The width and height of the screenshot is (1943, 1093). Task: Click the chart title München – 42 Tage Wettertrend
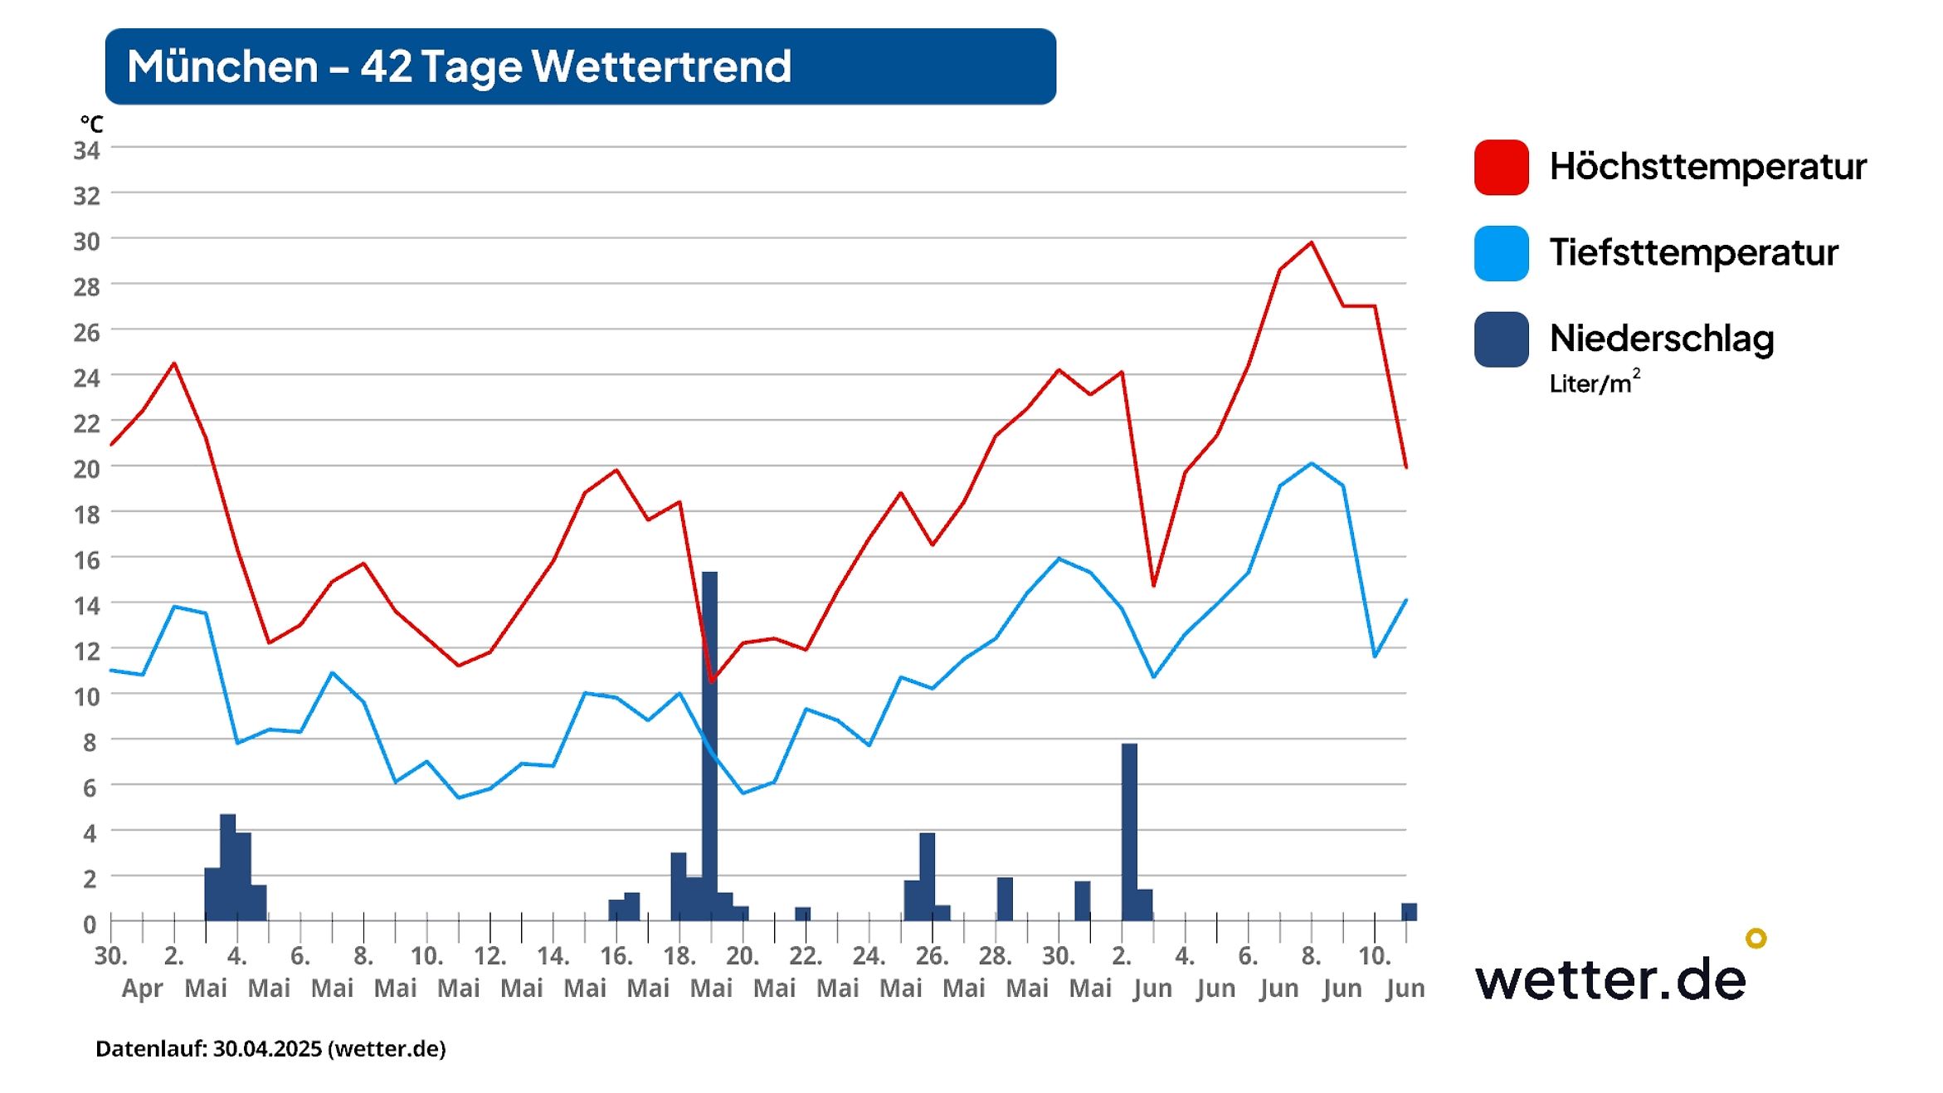[459, 66]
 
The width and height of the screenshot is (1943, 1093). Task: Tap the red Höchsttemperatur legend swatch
[1501, 167]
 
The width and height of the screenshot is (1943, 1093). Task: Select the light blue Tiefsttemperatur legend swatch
[1501, 253]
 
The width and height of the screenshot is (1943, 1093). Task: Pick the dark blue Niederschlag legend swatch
[1501, 339]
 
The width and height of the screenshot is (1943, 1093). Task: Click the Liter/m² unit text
[1593, 383]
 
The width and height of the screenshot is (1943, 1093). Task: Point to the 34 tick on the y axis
[87, 151]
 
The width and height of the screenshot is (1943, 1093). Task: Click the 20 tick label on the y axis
[87, 470]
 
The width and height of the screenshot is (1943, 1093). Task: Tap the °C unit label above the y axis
[91, 124]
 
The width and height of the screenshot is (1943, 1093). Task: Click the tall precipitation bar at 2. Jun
[1129, 830]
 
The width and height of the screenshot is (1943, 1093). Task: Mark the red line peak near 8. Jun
[1311, 243]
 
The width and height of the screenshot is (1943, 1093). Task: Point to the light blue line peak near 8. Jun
[1311, 463]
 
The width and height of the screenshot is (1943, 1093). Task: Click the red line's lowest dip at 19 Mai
[711, 681]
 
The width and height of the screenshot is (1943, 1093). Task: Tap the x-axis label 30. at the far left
[110, 956]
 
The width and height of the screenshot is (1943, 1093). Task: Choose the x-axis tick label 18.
[679, 956]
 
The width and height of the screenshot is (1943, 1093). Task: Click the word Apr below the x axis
[142, 988]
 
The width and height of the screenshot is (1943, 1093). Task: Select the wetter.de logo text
[1609, 980]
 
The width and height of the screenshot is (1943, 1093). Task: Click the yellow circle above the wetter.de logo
[1756, 939]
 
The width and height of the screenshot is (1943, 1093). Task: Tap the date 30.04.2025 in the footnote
[268, 1049]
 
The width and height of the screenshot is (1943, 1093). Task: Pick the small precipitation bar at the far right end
[1409, 911]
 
